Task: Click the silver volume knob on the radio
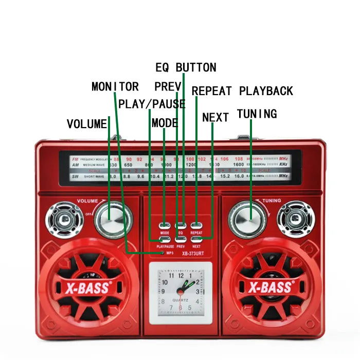(x=112, y=218)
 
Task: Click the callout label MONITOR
(x=115, y=86)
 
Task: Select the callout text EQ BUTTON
(x=186, y=67)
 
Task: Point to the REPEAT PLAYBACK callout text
(x=242, y=91)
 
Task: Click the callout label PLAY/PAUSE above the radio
(x=152, y=104)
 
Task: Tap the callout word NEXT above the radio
(x=215, y=117)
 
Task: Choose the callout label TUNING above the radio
(x=257, y=114)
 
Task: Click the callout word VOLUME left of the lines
(x=87, y=124)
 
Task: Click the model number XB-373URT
(x=193, y=253)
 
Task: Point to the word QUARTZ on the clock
(x=181, y=300)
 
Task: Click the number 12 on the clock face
(x=181, y=276)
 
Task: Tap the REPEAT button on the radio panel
(x=196, y=226)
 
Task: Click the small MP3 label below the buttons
(x=169, y=253)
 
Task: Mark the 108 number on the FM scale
(x=239, y=159)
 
